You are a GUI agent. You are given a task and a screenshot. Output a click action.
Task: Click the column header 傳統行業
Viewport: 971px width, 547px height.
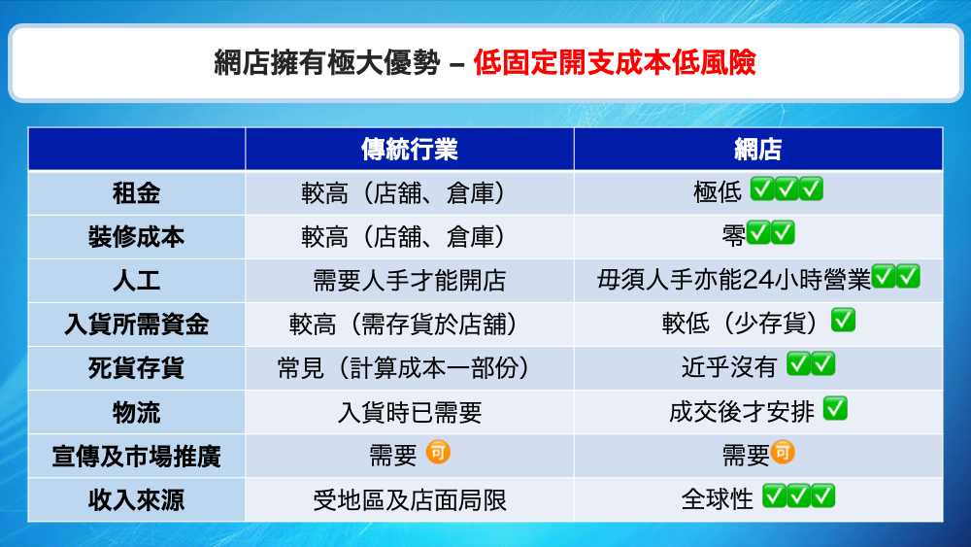[x=409, y=149]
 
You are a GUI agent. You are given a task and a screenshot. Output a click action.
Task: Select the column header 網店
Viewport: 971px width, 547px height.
[x=758, y=149]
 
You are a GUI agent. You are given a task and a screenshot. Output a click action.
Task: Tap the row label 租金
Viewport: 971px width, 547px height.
[x=136, y=192]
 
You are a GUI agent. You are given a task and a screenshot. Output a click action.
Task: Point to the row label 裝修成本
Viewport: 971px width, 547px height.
[x=136, y=236]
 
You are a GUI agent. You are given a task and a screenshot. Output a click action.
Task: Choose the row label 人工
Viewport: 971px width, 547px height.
[x=136, y=281]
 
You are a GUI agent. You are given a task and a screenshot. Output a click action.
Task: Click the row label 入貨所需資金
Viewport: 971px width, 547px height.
[x=136, y=325]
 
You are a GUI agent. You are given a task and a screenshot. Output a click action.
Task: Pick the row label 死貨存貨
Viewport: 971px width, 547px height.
[x=136, y=368]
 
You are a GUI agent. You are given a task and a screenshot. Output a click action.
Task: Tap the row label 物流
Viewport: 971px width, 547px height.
[x=136, y=412]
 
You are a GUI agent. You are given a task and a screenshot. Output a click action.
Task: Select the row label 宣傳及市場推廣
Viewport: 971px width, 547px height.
[x=136, y=456]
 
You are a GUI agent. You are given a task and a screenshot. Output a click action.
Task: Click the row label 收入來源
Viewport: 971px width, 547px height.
[x=136, y=499]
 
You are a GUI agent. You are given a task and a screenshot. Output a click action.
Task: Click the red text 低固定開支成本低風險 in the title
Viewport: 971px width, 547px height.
[x=614, y=64]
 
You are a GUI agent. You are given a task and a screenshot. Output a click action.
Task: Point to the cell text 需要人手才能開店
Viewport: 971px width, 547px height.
[x=409, y=281]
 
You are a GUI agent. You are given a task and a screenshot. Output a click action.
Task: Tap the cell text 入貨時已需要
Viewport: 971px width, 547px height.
[x=409, y=412]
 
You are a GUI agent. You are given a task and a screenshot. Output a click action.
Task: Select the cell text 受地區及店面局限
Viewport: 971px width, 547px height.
[x=409, y=499]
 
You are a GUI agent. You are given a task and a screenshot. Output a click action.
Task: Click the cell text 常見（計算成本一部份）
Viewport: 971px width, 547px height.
[x=409, y=368]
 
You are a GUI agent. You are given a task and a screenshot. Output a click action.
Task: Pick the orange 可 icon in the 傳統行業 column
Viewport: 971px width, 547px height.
[x=440, y=453]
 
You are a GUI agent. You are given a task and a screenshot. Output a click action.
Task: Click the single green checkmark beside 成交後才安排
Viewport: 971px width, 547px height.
[x=835, y=409]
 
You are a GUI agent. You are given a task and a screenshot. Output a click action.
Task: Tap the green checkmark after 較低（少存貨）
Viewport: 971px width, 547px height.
[x=843, y=322]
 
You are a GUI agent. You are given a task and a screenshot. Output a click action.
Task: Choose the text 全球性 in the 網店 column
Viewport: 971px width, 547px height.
[x=718, y=499]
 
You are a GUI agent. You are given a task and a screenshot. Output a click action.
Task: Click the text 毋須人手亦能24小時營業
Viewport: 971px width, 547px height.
[x=734, y=281]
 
